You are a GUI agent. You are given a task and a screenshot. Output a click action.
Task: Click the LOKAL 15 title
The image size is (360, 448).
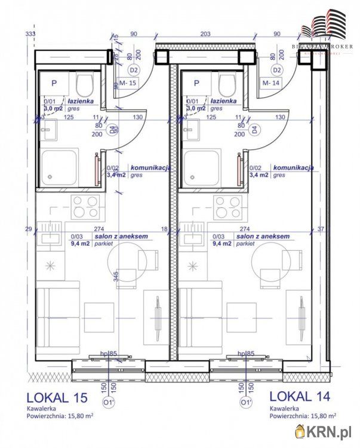click(x=57, y=397)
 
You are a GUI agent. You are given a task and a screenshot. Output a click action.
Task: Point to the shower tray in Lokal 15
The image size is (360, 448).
click(x=59, y=168)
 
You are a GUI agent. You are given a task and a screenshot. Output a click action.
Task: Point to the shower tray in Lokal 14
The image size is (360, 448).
click(x=202, y=168)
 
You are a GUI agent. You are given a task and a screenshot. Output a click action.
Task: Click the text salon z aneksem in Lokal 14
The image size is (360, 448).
click(x=263, y=237)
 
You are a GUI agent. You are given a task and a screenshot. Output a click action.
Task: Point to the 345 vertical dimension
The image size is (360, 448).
click(x=115, y=277)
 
